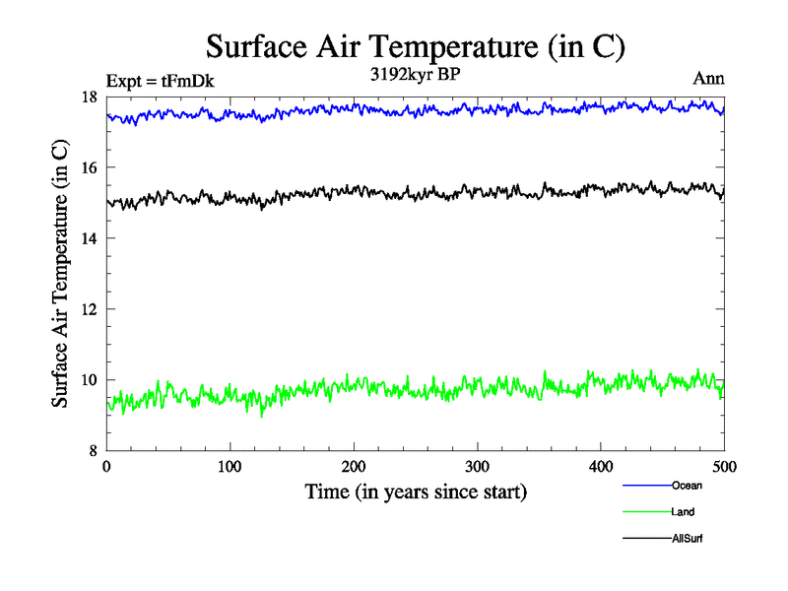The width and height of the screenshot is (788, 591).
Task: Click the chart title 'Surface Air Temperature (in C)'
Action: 415,46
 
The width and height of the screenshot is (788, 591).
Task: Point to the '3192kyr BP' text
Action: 416,73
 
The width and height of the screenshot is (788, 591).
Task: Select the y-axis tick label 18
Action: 89,97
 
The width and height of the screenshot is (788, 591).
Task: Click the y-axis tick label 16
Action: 89,167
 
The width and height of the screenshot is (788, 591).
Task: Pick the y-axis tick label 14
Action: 89,238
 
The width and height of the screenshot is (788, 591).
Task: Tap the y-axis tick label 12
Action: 89,309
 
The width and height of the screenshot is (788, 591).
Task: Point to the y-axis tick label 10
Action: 89,380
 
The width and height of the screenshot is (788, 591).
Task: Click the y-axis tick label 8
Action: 93,451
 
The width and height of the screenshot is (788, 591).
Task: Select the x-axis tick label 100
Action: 230,466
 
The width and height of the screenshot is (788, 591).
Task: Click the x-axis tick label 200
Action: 354,466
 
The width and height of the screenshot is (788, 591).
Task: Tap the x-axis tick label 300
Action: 478,466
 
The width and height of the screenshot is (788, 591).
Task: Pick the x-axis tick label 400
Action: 601,466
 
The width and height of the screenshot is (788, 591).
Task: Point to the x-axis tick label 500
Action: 725,466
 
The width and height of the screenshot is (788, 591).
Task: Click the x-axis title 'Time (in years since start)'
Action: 416,491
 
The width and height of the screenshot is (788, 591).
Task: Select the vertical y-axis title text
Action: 60,274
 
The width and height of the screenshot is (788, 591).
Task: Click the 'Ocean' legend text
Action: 687,486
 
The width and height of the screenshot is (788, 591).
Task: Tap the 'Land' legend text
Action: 684,512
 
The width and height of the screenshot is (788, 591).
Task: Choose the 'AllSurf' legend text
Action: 688,539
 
